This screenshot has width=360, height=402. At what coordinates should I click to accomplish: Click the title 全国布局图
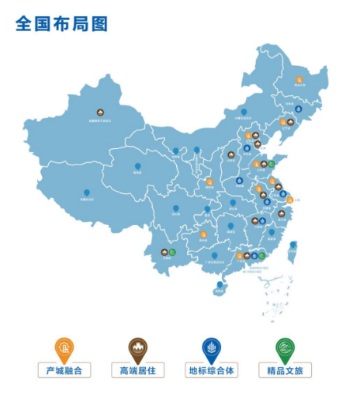[x=61, y=23]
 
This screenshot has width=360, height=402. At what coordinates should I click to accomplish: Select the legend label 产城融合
[x=65, y=370]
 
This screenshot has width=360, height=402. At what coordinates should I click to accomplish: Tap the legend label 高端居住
[x=138, y=370]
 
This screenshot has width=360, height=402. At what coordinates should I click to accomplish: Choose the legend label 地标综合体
[x=212, y=370]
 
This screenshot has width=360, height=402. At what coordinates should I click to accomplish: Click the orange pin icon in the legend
[x=65, y=347]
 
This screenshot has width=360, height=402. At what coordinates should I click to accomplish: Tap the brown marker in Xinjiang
[x=100, y=113]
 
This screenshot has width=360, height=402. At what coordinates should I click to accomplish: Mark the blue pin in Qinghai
[x=138, y=166]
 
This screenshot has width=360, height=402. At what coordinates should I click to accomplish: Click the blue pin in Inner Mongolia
[x=244, y=113]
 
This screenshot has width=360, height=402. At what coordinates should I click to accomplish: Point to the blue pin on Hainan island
[x=220, y=285]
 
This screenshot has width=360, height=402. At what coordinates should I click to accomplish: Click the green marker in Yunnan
[x=172, y=251]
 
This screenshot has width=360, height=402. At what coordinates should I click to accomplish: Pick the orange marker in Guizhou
[x=204, y=234]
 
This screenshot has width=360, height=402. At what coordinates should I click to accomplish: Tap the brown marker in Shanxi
[x=231, y=155]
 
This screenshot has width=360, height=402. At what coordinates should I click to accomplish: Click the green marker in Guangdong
[x=262, y=255]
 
